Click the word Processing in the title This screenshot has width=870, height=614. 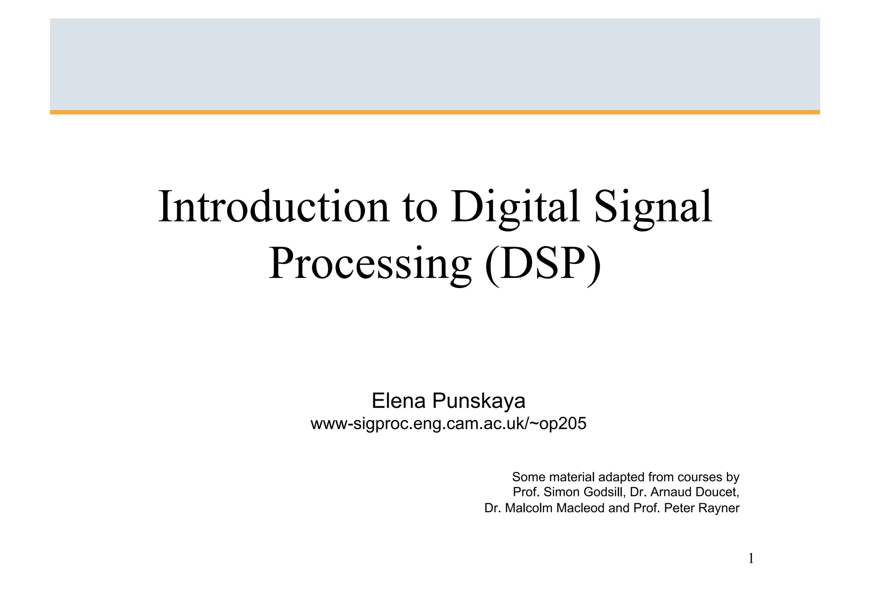(x=370, y=264)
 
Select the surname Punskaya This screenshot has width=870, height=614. (x=479, y=401)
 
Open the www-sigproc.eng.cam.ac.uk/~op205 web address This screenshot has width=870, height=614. (x=448, y=423)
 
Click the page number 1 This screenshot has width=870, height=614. (x=751, y=559)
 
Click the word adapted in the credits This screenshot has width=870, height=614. (x=621, y=477)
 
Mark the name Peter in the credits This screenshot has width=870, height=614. (x=678, y=508)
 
